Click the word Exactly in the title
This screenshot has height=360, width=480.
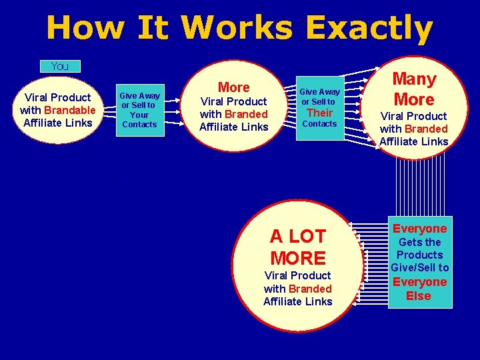[x=369, y=29]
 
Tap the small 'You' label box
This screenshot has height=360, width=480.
[x=60, y=66]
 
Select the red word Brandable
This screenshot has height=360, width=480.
[x=70, y=110]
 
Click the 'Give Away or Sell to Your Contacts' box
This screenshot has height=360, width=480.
[x=140, y=109]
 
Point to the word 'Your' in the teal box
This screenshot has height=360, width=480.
[x=139, y=115]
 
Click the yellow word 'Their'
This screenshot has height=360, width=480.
[x=319, y=113]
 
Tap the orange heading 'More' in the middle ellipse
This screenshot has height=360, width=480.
[x=234, y=87]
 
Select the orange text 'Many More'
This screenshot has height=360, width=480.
[x=413, y=89]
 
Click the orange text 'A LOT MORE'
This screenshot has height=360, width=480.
[x=298, y=247]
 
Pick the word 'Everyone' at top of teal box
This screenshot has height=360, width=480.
[x=419, y=229]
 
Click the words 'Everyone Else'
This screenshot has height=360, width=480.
[x=419, y=289]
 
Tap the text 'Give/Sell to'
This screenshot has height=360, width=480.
[x=419, y=267]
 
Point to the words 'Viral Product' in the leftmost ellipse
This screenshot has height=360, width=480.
[x=57, y=97]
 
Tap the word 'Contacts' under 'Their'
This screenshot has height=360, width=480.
[x=319, y=124]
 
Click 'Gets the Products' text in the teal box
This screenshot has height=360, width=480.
[x=419, y=249]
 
